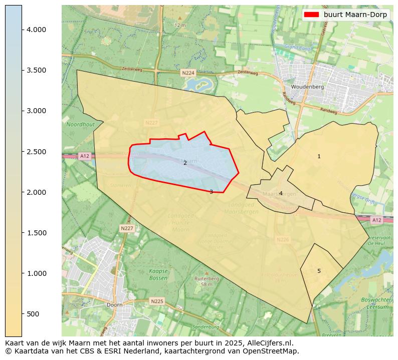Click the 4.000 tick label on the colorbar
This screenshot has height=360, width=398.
36,30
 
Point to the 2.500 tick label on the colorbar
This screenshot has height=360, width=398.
36,152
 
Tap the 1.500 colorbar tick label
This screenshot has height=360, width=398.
36,233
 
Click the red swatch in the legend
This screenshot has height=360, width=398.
311,15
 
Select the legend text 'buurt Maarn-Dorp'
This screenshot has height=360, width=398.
355,15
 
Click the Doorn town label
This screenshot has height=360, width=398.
114,304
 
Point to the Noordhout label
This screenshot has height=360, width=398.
80,124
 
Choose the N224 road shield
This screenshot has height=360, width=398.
188,73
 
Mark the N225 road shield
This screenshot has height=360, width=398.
157,301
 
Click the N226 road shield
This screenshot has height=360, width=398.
283,240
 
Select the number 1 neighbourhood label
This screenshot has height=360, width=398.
319,157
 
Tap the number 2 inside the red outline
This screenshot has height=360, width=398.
185,163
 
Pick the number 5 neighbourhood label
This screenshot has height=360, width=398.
319,271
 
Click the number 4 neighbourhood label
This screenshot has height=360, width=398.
281,193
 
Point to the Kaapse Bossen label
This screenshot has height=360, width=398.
158,274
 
